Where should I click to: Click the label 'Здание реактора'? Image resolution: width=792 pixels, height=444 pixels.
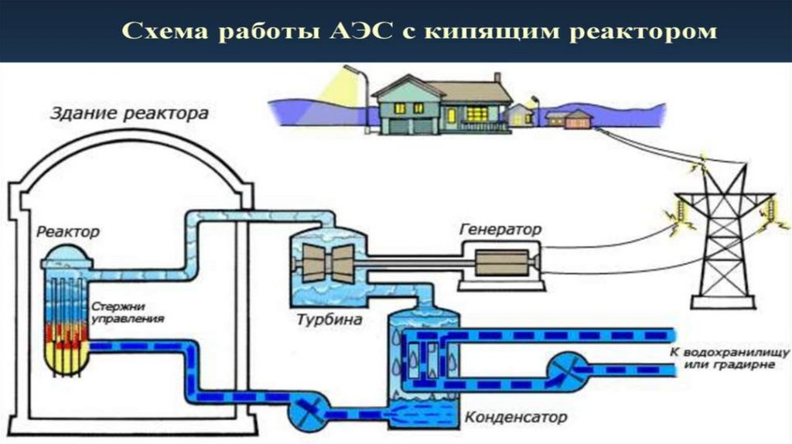(129, 114)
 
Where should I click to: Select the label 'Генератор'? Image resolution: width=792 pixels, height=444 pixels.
(500, 230)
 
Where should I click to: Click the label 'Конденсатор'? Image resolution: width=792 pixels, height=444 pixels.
(516, 418)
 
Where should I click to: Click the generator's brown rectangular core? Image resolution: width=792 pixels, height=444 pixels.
(501, 263)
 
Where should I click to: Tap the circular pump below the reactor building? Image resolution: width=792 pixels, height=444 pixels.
(308, 407)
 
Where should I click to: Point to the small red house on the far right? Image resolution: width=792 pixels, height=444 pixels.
(578, 119)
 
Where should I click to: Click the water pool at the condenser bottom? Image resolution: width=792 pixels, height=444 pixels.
(425, 409)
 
